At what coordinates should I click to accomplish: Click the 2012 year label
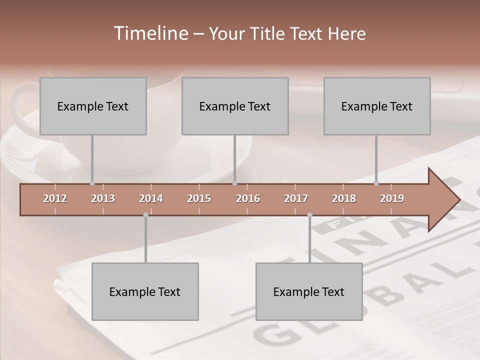(55, 198)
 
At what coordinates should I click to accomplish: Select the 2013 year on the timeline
(103, 198)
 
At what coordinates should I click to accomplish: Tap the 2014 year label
(151, 198)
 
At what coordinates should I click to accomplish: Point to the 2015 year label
(199, 198)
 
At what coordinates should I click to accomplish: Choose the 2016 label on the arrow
(248, 198)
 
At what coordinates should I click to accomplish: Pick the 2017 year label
(296, 198)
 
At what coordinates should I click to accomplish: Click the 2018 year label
(344, 198)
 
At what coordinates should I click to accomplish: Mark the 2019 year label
(392, 198)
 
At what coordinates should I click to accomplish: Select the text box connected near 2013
(93, 106)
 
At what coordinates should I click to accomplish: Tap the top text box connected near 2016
(235, 106)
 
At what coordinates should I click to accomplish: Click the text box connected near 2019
(377, 106)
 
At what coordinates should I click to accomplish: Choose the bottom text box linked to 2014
(145, 291)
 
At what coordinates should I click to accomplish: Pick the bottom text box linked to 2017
(309, 291)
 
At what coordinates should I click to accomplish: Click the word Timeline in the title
(149, 33)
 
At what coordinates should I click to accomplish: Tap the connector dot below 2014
(145, 215)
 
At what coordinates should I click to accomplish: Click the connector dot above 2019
(376, 183)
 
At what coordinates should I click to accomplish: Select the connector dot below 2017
(309, 215)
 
